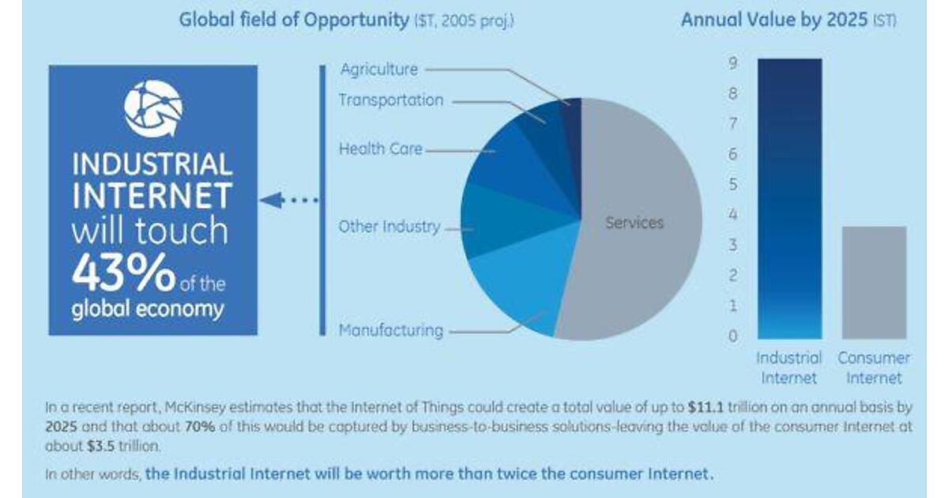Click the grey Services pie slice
point(640,237)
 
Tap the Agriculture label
point(378,70)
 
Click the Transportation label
point(390,100)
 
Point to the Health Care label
point(380,148)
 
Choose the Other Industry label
point(389,227)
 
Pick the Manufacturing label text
point(390,330)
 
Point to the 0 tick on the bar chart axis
point(733,336)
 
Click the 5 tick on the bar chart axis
point(733,185)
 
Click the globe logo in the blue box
point(153,108)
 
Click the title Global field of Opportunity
point(293,20)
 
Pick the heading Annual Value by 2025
point(773,20)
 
